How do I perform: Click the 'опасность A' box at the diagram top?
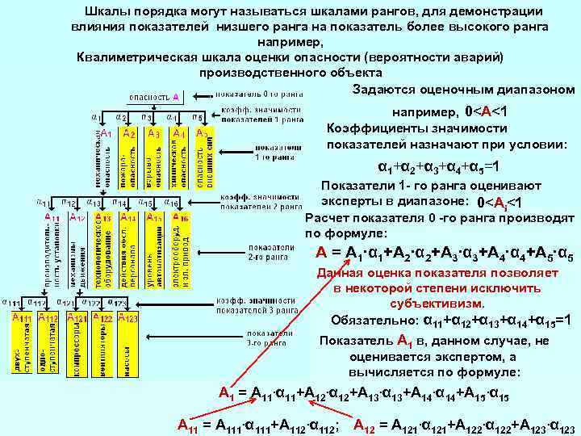(161, 97)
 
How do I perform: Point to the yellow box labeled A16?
(180, 250)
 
